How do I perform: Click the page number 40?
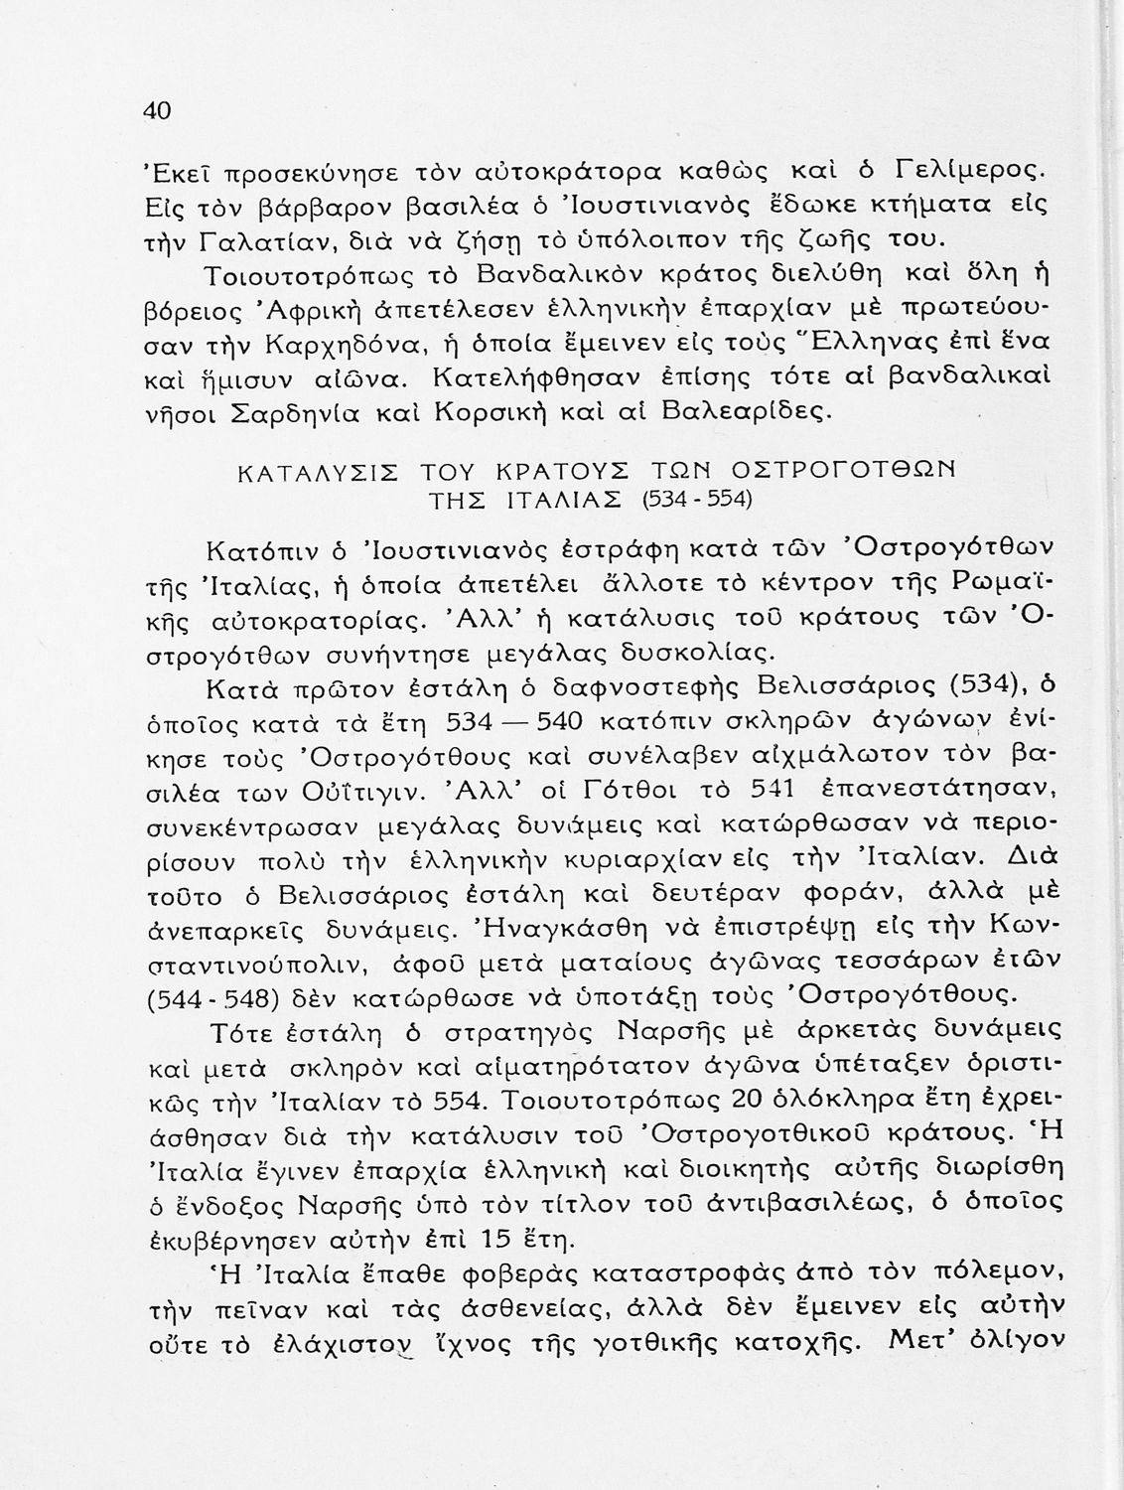159,109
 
